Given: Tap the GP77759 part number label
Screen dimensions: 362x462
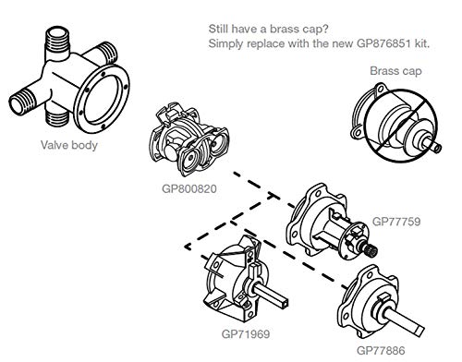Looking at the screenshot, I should tap(396, 222).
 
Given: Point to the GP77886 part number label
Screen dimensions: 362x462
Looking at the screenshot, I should tap(395, 340).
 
